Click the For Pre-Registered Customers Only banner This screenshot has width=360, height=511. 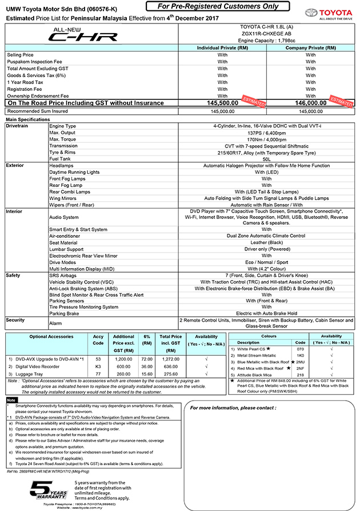(222, 6)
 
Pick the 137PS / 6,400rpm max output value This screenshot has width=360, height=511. (266, 131)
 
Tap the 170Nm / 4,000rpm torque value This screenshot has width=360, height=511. (266, 138)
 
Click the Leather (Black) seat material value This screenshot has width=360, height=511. (266, 242)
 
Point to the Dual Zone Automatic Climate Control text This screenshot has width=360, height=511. (266, 235)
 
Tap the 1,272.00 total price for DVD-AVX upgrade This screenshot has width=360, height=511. (170, 358)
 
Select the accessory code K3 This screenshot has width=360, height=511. (98, 366)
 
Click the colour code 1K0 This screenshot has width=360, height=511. (300, 355)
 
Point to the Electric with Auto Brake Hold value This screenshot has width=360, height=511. (266, 313)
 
